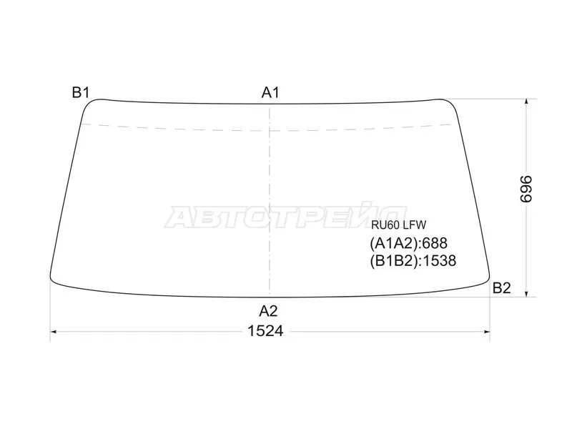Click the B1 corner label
point(81,93)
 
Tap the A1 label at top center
point(270,93)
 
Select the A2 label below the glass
point(269,311)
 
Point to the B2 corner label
point(502,288)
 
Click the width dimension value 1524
point(265,331)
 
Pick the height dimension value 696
point(526,189)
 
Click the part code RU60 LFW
point(399,225)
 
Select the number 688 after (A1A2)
point(433,243)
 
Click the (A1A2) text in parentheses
point(393,243)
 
